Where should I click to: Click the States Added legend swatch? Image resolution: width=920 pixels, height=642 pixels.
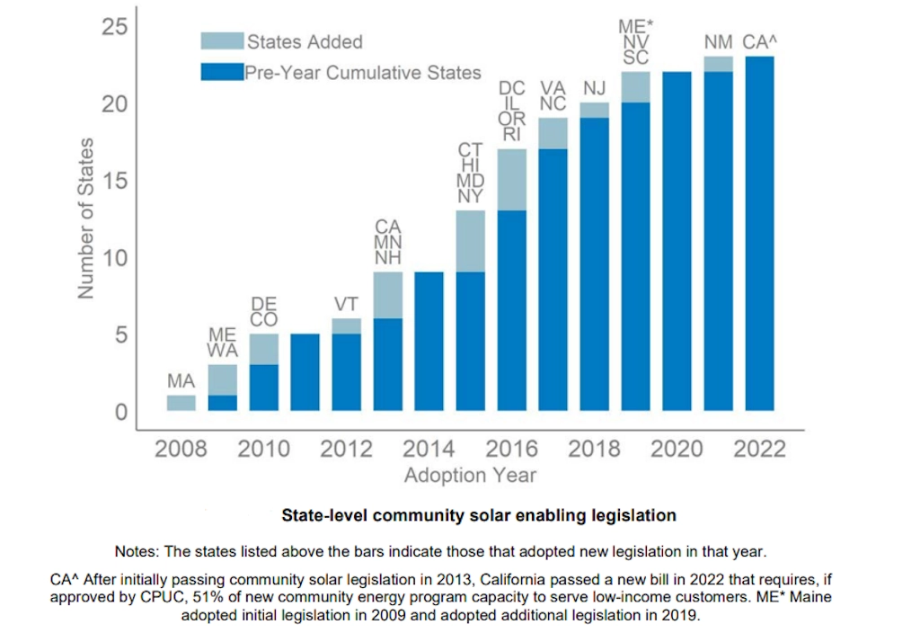[x=221, y=40]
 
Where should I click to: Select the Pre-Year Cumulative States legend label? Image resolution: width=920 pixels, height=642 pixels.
[x=363, y=73]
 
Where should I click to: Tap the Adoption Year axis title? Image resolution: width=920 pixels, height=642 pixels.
[x=470, y=474]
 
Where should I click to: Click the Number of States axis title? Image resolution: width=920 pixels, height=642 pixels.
[x=85, y=218]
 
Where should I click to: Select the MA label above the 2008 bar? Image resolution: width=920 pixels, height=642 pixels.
[x=181, y=382]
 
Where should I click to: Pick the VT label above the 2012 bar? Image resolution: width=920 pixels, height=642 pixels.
[x=347, y=304]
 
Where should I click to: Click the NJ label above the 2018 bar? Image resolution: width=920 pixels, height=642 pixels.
[x=595, y=88]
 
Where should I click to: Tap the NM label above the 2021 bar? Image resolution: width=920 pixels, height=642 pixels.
[x=718, y=42]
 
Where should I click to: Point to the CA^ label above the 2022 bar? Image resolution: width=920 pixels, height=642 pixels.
[x=761, y=42]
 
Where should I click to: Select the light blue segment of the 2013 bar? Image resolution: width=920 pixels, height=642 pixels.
[x=388, y=295]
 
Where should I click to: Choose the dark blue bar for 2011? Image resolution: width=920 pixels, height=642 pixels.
[x=305, y=372]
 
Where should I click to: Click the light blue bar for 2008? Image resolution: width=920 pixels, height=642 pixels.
[x=181, y=403]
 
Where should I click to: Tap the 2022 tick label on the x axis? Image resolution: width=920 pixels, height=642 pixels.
[x=759, y=448]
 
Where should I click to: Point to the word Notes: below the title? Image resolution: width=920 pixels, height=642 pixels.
[x=136, y=550]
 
